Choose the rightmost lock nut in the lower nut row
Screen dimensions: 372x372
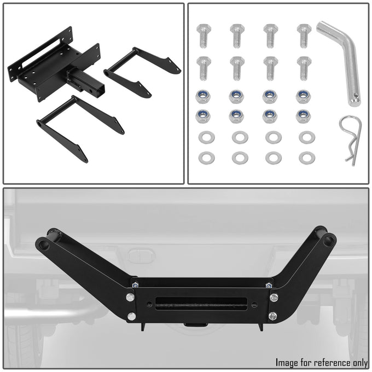click(303, 116)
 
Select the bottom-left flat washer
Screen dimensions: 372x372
click(207, 158)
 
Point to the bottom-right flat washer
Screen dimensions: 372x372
click(306, 158)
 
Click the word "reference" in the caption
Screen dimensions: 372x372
click(324, 362)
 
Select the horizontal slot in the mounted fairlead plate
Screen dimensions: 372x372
click(203, 303)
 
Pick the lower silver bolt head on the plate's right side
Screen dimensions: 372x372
click(273, 316)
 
